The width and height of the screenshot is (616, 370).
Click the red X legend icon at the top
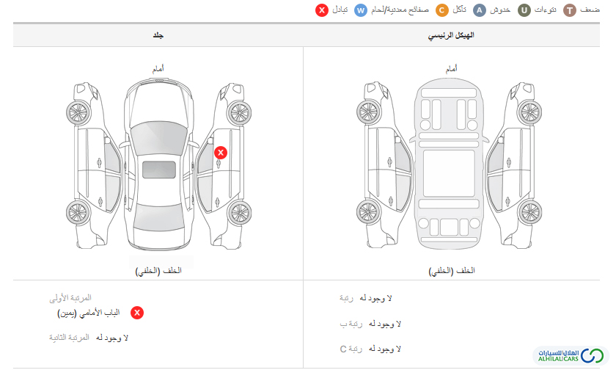(322, 10)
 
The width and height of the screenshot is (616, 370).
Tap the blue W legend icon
(361, 10)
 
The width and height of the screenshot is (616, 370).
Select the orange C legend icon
(442, 10)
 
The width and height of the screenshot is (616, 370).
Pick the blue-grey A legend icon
(480, 10)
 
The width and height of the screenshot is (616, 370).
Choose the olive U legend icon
(524, 10)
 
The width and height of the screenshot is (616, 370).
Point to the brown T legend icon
(570, 10)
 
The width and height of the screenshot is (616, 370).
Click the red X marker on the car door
(221, 153)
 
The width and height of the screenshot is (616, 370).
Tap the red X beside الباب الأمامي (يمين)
(137, 313)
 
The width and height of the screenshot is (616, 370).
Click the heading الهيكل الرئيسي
(451, 35)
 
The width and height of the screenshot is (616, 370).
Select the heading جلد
(158, 35)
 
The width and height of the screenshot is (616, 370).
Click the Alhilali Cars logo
(571, 356)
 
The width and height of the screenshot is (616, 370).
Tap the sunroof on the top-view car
(159, 170)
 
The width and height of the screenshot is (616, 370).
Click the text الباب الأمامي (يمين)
(89, 313)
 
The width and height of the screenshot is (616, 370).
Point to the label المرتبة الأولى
(70, 299)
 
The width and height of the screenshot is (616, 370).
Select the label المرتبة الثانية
(69, 338)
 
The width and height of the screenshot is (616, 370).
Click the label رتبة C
(351, 349)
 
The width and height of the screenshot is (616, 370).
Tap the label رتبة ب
(351, 324)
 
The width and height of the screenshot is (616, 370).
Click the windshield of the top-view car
(159, 137)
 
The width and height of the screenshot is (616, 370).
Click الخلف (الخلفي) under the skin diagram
(158, 271)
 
